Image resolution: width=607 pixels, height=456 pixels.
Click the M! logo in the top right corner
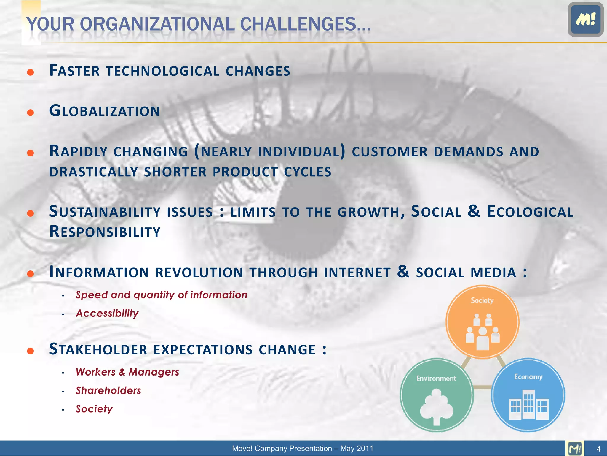point(585,19)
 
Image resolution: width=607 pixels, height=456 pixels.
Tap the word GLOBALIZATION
point(105,111)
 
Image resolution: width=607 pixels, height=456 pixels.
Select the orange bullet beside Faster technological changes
point(31,72)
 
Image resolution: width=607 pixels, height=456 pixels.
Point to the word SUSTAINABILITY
point(105,212)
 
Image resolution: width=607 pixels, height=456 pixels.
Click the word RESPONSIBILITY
point(105,232)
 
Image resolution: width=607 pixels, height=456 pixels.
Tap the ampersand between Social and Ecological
point(474,211)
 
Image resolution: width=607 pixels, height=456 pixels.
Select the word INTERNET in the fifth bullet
point(357,273)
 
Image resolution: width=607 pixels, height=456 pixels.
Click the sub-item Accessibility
point(107,313)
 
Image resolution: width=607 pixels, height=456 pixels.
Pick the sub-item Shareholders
point(108,391)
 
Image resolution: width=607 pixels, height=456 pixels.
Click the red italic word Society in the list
point(94,409)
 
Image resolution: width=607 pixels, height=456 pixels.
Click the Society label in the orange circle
point(482,300)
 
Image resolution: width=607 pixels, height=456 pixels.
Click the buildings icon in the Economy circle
point(528,405)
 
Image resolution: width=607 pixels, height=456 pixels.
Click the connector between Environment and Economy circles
point(483,387)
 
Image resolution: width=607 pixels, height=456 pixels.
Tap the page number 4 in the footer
point(598,449)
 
